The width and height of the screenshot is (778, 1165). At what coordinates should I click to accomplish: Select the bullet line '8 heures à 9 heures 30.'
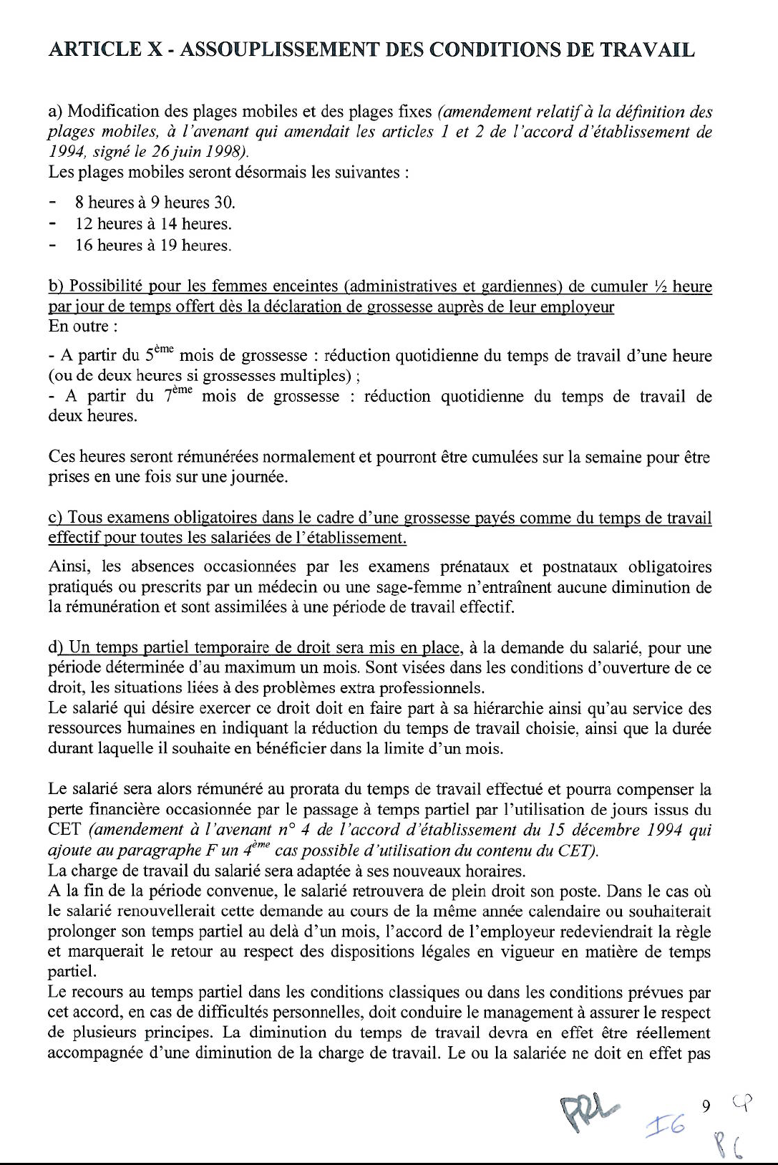pos(155,203)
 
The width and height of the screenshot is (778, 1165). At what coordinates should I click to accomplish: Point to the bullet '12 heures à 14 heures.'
pos(153,224)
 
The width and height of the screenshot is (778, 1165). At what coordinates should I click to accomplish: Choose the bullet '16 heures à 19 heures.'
pos(153,246)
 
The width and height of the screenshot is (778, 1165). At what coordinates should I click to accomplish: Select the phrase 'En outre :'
pos(79,327)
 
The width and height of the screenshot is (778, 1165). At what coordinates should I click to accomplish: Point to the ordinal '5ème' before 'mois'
pos(159,354)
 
